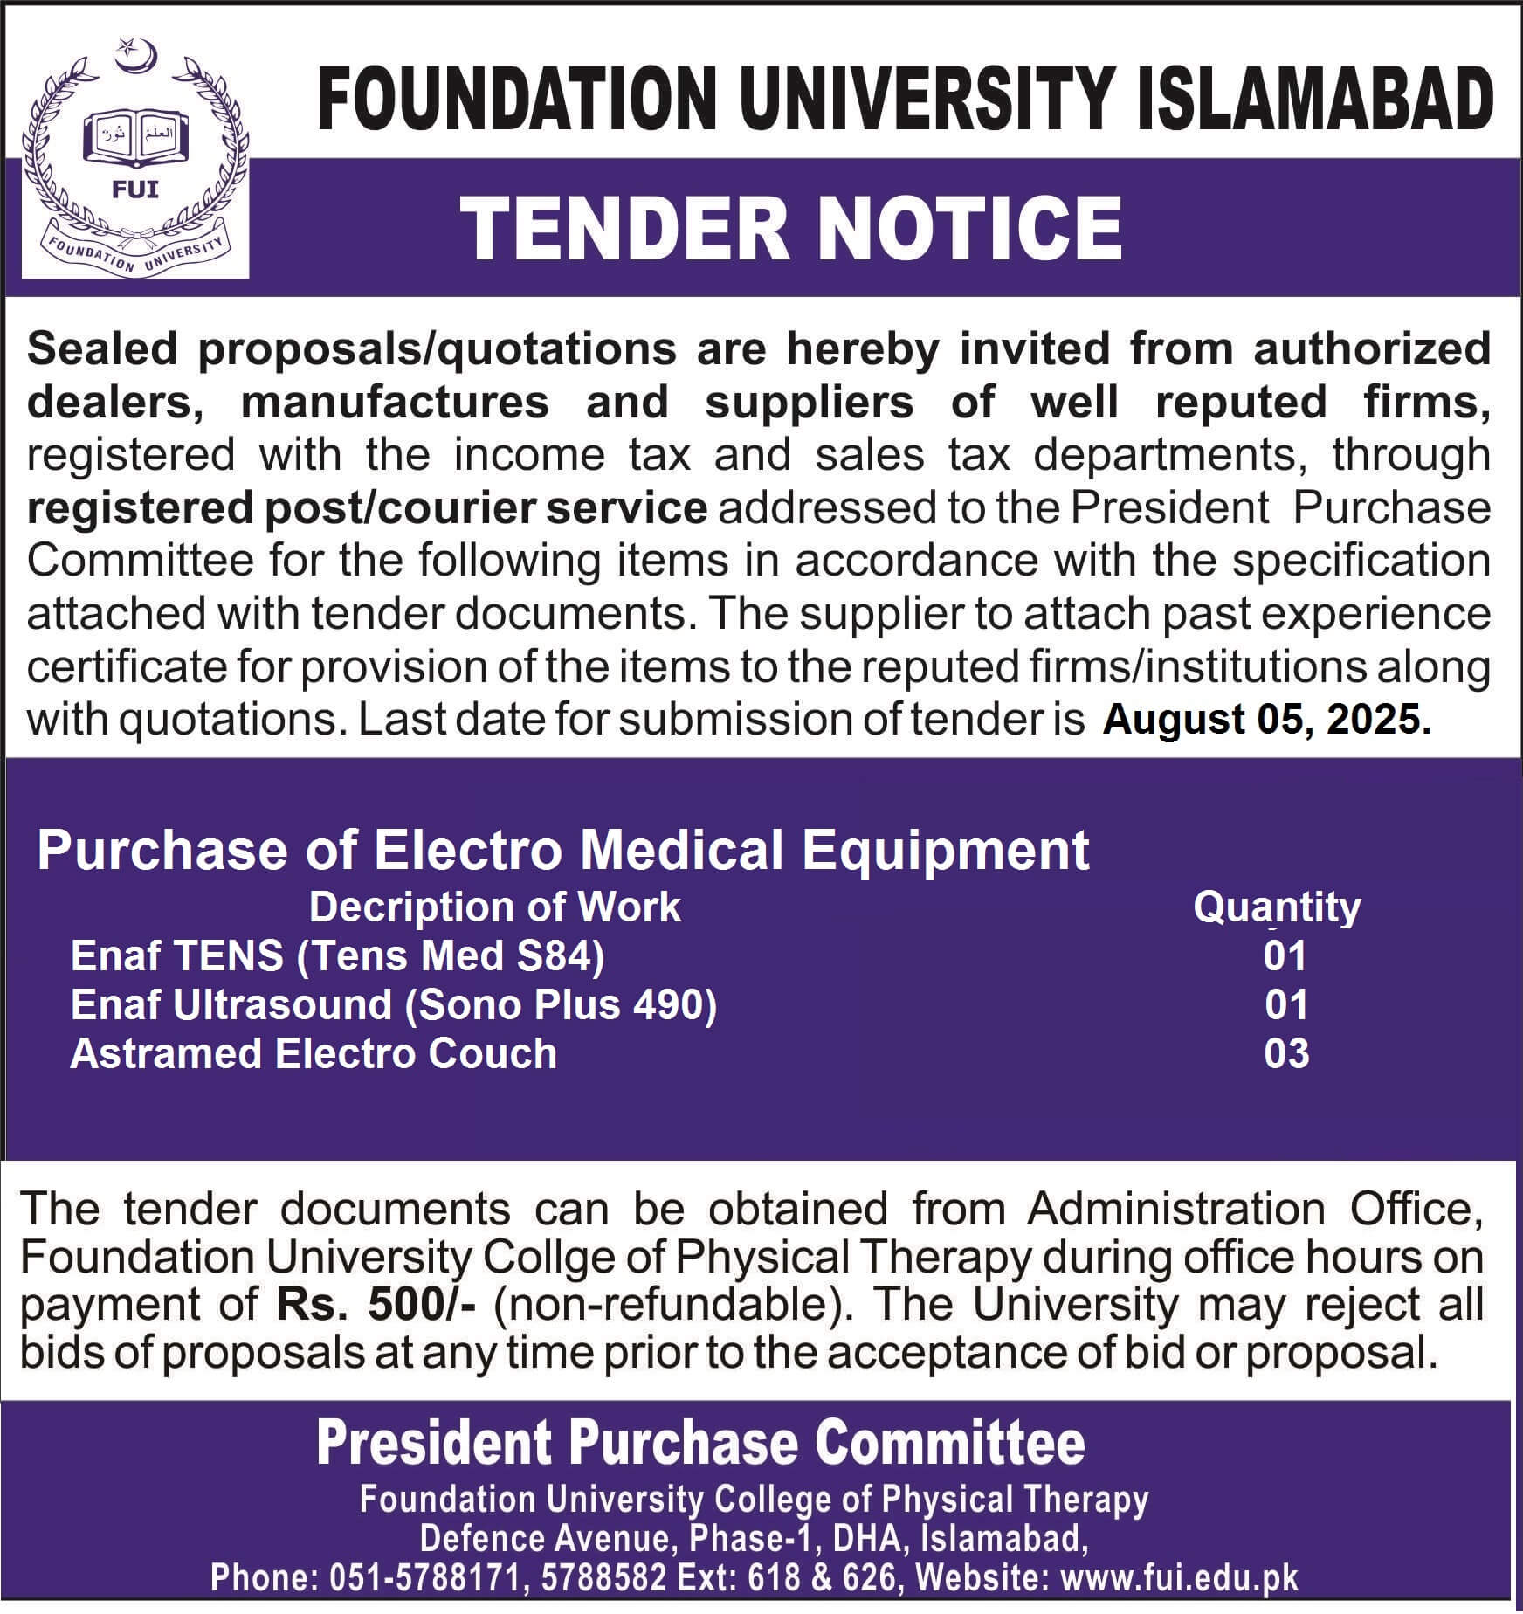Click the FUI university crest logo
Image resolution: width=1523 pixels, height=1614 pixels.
[135, 157]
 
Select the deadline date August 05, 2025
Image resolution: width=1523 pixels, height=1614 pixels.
[1266, 720]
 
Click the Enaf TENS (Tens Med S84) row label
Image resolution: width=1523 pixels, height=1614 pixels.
[337, 955]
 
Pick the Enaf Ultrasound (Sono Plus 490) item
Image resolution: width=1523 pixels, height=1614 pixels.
[394, 1004]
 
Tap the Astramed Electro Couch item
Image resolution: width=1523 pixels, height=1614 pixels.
[314, 1053]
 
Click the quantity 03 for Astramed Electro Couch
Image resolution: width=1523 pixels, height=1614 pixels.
[1286, 1053]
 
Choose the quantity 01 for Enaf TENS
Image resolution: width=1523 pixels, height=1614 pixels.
[1285, 955]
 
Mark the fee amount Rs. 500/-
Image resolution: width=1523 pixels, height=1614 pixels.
[376, 1305]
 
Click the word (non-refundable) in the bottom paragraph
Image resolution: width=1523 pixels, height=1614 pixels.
[673, 1305]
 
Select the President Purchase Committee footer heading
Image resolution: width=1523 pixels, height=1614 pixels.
[700, 1444]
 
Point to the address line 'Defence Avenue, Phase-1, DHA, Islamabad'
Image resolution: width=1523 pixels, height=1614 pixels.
[754, 1538]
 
